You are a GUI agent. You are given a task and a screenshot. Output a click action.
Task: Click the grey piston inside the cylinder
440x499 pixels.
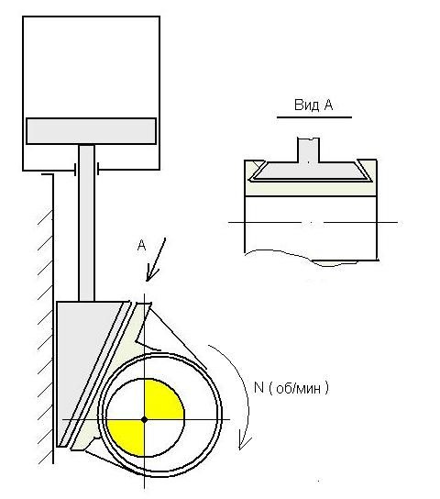click(x=92, y=131)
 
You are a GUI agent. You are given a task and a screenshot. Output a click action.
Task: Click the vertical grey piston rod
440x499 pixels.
click(x=86, y=223)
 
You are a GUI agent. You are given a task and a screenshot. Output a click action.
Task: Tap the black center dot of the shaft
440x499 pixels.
click(x=144, y=419)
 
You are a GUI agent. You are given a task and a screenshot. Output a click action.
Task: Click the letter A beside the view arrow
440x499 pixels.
click(x=141, y=245)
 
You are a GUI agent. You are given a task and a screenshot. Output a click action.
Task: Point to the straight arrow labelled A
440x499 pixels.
click(x=156, y=260)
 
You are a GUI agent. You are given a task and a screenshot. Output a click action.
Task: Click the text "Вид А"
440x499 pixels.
click(x=313, y=105)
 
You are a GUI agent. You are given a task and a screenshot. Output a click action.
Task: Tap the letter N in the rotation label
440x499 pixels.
click(x=258, y=388)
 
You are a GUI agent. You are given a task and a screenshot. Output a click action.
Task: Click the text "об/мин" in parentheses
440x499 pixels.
click(x=298, y=389)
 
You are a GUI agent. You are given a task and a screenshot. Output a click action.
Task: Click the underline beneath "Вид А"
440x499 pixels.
click(x=314, y=117)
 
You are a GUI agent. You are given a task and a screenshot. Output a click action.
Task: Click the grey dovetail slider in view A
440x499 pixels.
click(x=310, y=171)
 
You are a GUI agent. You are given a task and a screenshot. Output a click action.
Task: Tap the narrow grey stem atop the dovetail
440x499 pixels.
click(x=308, y=150)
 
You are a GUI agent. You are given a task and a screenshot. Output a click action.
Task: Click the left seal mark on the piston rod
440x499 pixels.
click(x=75, y=170)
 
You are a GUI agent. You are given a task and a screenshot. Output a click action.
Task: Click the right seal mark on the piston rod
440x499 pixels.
click(x=98, y=169)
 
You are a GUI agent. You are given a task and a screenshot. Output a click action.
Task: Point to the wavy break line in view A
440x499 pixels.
click(x=312, y=258)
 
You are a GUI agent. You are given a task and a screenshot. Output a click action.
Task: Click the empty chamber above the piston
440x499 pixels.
click(x=92, y=68)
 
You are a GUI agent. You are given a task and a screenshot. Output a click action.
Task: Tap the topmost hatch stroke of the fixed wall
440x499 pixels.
click(x=45, y=217)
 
